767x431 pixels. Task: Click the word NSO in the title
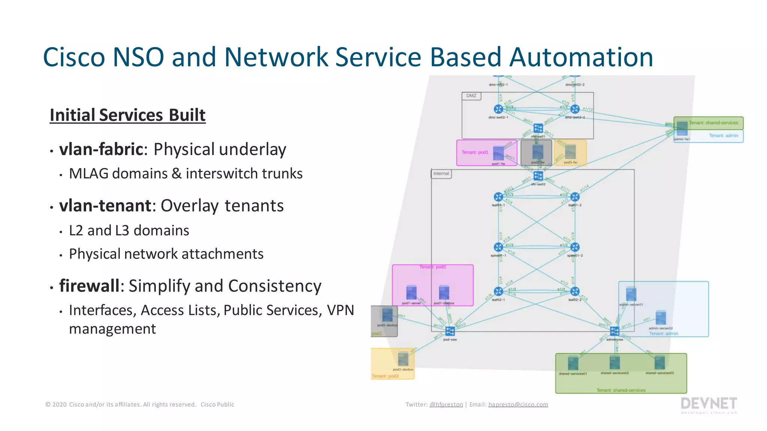pyautogui.click(x=138, y=57)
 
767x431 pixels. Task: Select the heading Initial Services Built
pyautogui.click(x=127, y=115)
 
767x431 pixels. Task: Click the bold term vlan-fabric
pyautogui.click(x=101, y=149)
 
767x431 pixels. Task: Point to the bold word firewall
pyautogui.click(x=90, y=286)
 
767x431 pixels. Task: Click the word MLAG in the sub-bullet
pyautogui.click(x=88, y=174)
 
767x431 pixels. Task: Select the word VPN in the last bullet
pyautogui.click(x=340, y=310)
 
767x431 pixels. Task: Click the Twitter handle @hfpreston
pyautogui.click(x=446, y=404)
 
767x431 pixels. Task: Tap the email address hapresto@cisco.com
pyautogui.click(x=518, y=404)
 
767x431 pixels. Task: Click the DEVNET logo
pyautogui.click(x=709, y=405)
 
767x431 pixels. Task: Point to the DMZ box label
pyautogui.click(x=471, y=96)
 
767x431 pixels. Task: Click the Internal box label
pyautogui.click(x=441, y=174)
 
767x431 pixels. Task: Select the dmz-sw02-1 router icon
pyautogui.click(x=498, y=109)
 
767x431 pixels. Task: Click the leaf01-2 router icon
pyautogui.click(x=575, y=197)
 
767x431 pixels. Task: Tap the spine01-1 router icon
pyautogui.click(x=498, y=247)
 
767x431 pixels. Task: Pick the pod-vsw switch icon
pyautogui.click(x=450, y=331)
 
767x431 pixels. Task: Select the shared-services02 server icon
pyautogui.click(x=615, y=363)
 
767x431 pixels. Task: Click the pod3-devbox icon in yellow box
pyautogui.click(x=403, y=359)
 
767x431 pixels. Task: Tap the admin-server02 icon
pyautogui.click(x=661, y=318)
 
